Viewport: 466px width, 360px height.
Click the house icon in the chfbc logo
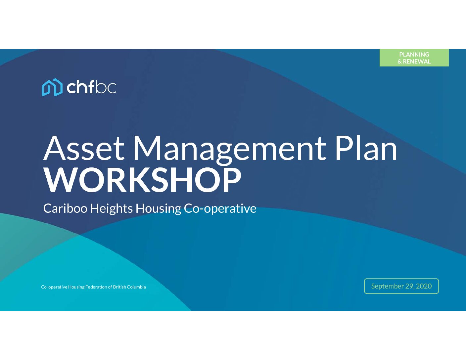coord(52,87)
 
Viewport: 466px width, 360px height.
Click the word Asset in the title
coord(84,148)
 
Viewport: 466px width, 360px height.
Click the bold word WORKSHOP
coord(142,180)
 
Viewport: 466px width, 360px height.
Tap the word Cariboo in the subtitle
coord(66,208)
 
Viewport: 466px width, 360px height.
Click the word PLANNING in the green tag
coord(414,55)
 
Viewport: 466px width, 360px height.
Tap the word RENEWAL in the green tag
coord(417,62)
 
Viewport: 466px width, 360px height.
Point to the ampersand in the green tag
coord(399,62)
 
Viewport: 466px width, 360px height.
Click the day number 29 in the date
coord(409,286)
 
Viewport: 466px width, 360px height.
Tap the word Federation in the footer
coord(96,287)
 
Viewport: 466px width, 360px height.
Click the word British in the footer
coord(119,287)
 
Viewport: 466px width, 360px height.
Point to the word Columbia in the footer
coord(136,287)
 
